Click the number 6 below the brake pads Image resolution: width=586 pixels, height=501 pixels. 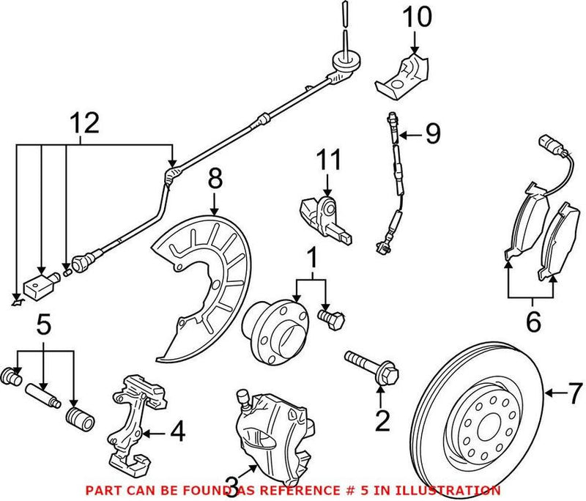[x=533, y=322]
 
